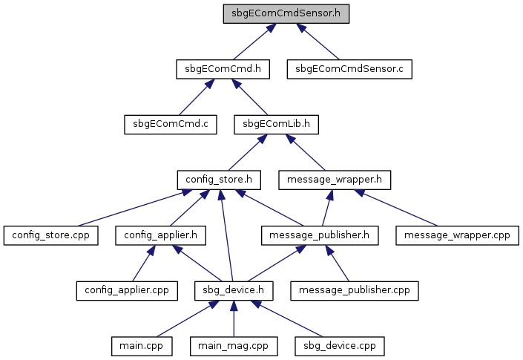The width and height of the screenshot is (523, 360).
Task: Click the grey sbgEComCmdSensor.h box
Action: pyautogui.click(x=286, y=13)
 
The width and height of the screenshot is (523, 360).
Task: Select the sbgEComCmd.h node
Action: pyautogui.click(x=223, y=69)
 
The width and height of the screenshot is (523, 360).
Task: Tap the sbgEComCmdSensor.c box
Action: pyautogui.click(x=349, y=69)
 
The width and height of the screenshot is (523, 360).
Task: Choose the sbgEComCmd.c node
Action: pyautogui.click(x=171, y=125)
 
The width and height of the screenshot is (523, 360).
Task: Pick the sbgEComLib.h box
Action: pyautogui.click(x=276, y=125)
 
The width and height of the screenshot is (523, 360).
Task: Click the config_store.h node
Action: pyautogui.click(x=219, y=180)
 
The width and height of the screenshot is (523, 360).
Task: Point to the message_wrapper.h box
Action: pyautogui.click(x=335, y=180)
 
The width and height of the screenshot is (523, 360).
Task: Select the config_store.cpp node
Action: pyautogui.click(x=50, y=235)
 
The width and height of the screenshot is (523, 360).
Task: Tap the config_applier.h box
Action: pyautogui.click(x=160, y=235)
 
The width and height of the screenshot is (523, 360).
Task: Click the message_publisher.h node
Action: pyautogui.click(x=320, y=235)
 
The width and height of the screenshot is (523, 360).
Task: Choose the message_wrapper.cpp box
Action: pyautogui.click(x=457, y=235)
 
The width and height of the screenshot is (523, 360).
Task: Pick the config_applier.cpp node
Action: pyautogui.click(x=127, y=291)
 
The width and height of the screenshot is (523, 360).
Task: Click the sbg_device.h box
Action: pyautogui.click(x=234, y=291)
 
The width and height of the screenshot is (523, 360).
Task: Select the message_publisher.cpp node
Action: pyautogui.click(x=354, y=291)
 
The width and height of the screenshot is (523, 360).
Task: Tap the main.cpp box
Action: pyautogui.click(x=142, y=347)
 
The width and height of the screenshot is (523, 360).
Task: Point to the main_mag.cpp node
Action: pyautogui.click(x=234, y=347)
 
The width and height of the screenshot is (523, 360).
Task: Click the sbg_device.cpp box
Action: pyautogui.click(x=340, y=347)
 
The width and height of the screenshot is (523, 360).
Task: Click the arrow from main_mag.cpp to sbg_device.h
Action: pyautogui.click(x=234, y=318)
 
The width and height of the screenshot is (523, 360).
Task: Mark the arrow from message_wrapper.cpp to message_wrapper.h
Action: pyautogui.click(x=395, y=208)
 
